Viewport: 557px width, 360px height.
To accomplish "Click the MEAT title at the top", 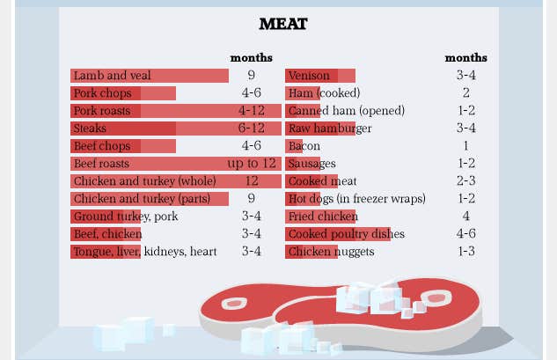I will click(282, 24).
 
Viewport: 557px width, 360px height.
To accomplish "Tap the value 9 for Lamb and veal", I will click(251, 76).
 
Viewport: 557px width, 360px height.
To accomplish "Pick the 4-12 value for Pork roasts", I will click(251, 111).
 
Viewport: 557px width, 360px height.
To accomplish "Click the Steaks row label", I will click(90, 129).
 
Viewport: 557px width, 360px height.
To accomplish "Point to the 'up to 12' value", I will click(251, 164).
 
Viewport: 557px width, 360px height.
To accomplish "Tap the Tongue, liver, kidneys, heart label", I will click(144, 252).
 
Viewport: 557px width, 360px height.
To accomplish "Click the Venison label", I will click(309, 76).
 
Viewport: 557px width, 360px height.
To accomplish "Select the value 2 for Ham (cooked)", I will click(465, 93).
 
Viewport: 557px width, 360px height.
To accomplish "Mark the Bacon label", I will click(304, 146).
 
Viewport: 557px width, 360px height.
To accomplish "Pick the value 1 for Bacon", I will click(465, 146).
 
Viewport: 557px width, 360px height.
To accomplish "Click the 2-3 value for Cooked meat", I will click(465, 181).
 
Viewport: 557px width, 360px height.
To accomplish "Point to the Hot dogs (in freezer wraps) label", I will click(356, 199).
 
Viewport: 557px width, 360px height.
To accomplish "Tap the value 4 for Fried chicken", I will click(465, 217).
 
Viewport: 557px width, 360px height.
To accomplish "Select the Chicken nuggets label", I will click(331, 252).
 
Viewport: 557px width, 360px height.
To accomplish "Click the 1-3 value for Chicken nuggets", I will click(465, 252).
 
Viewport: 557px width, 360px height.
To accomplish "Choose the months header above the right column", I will click(465, 58).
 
